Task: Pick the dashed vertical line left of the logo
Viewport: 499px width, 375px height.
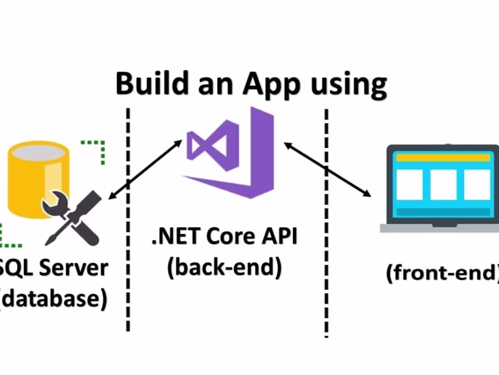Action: pos(128,218)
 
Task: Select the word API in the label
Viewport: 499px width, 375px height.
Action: pos(279,237)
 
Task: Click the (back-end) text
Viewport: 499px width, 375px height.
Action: pos(224,268)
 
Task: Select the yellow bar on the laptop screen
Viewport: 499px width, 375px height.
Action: pos(443,157)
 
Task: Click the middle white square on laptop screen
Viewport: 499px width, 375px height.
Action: pos(443,185)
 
